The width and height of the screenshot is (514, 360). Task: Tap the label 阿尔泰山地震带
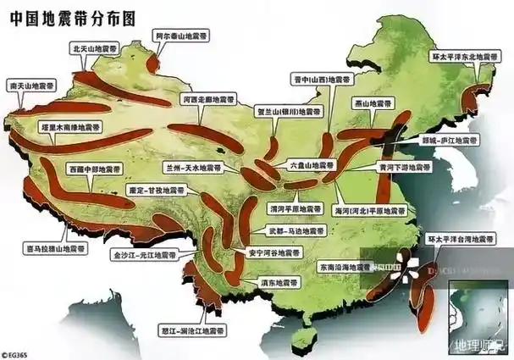point(182,37)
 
